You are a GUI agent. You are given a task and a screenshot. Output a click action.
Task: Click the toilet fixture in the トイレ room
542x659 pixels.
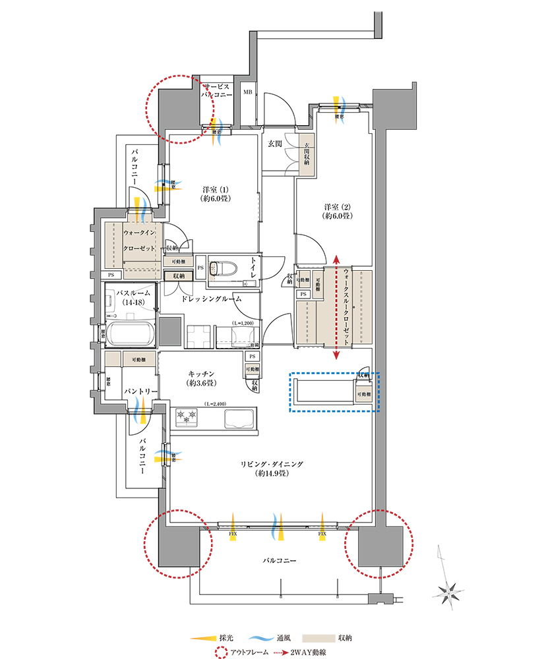click(x=216, y=270)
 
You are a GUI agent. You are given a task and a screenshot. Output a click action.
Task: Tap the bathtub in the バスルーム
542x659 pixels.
click(x=130, y=334)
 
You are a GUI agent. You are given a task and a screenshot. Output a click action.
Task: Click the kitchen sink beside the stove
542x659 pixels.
click(x=239, y=418)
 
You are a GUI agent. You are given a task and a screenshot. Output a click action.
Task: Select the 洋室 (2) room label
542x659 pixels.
click(x=336, y=210)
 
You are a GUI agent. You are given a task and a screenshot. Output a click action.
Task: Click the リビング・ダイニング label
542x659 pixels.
click(x=272, y=469)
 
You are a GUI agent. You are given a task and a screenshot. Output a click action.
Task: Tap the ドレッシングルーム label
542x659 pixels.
click(x=212, y=299)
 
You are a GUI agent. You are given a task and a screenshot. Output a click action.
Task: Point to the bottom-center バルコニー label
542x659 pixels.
click(x=278, y=561)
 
